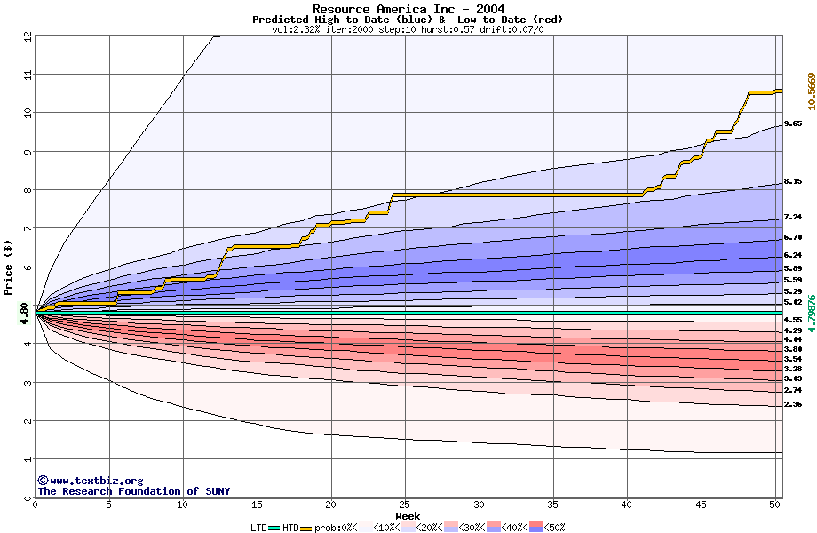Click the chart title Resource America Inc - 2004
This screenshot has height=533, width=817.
(x=408, y=9)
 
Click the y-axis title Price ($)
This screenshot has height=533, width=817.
(x=9, y=266)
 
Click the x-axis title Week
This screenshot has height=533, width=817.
(x=408, y=515)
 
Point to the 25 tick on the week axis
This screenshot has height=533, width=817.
(x=405, y=504)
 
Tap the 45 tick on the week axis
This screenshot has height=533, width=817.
(x=701, y=504)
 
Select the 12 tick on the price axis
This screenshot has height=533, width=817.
(x=28, y=36)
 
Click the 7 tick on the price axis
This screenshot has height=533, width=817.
(x=28, y=228)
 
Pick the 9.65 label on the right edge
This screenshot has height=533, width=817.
(x=793, y=124)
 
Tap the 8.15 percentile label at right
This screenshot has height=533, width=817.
(x=793, y=182)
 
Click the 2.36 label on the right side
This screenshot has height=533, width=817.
(x=793, y=404)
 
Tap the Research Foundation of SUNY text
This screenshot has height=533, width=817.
(x=133, y=491)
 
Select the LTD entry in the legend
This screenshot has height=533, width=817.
(x=258, y=527)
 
